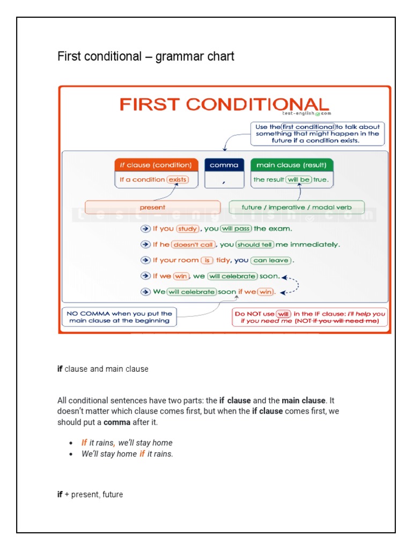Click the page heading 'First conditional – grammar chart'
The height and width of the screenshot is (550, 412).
tap(146, 56)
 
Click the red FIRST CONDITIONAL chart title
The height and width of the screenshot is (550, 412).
tap(224, 104)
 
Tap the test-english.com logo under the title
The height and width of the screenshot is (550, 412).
tap(307, 114)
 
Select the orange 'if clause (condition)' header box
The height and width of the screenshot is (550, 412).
tap(156, 165)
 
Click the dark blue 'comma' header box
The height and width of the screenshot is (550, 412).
tap(224, 165)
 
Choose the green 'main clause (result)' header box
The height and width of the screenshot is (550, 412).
tap(292, 165)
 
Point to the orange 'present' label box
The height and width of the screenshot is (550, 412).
tap(153, 207)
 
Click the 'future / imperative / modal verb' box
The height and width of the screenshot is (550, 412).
tap(297, 207)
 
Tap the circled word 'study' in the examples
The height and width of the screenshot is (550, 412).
tap(188, 229)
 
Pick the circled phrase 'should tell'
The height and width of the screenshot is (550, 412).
tap(255, 244)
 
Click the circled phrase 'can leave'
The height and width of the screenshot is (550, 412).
tap(271, 260)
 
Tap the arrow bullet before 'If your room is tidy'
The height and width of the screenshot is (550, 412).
tap(145, 260)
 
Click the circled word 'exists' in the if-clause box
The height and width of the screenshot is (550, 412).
tap(178, 180)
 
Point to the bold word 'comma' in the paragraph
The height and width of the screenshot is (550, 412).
tap(117, 422)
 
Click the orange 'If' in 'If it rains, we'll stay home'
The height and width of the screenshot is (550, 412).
tap(84, 443)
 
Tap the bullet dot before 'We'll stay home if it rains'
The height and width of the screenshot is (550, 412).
tap(71, 454)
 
